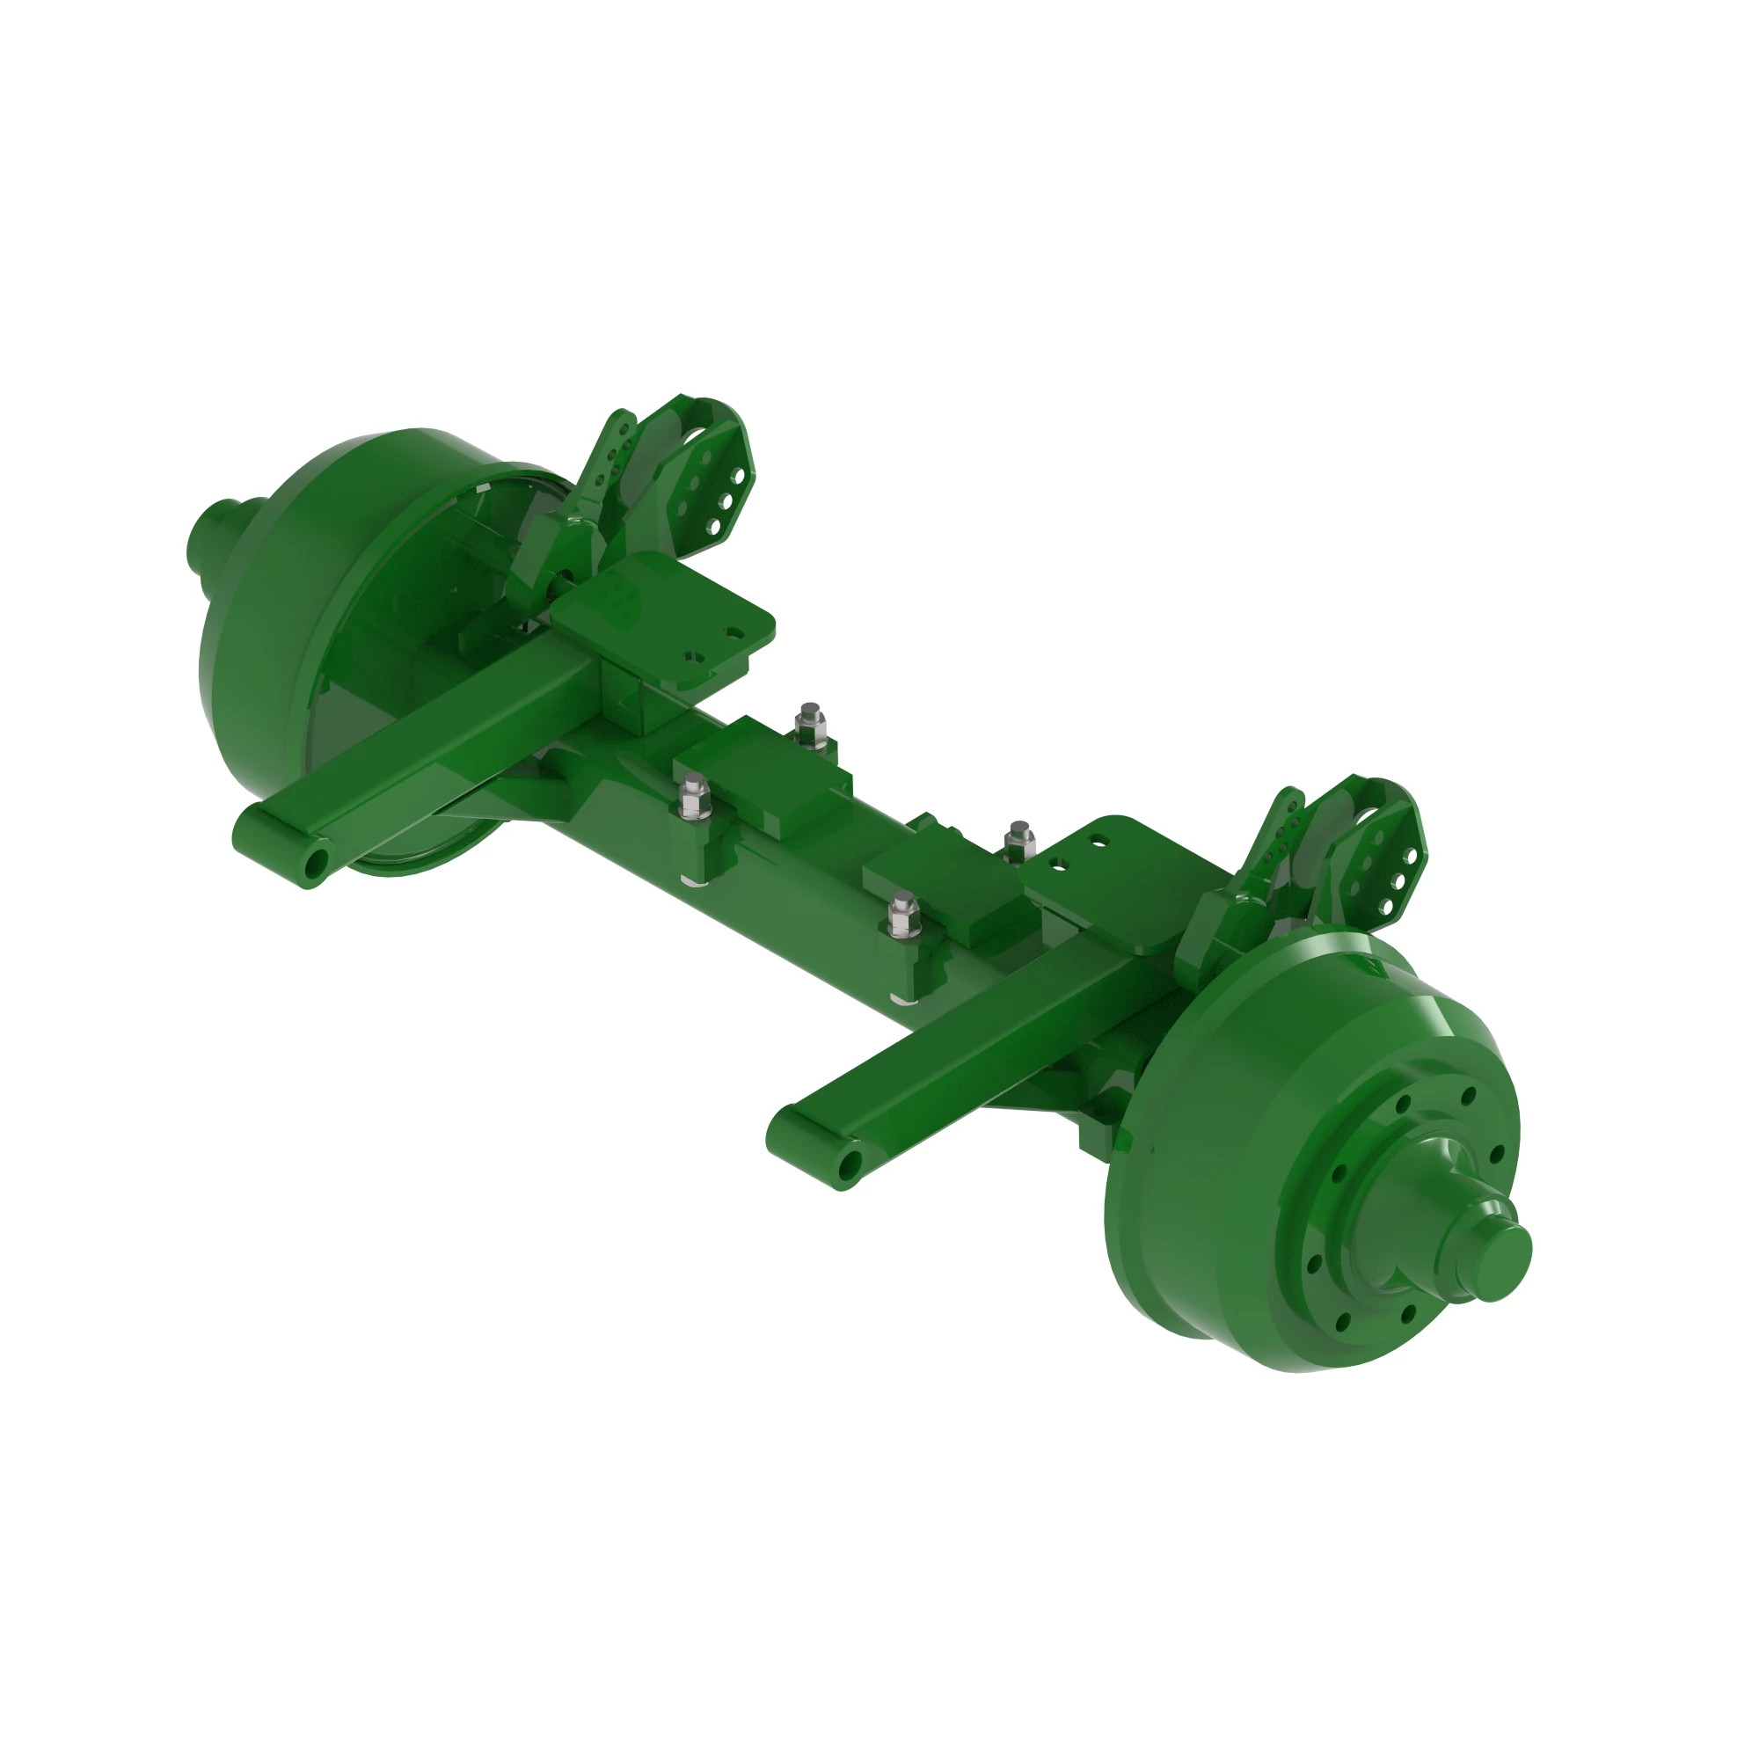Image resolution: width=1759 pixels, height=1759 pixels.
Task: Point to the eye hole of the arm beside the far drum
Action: [x=314, y=861]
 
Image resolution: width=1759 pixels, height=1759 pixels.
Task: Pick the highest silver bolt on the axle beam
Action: [x=807, y=721]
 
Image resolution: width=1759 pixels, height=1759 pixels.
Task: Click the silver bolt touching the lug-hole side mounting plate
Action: [x=1018, y=837]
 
